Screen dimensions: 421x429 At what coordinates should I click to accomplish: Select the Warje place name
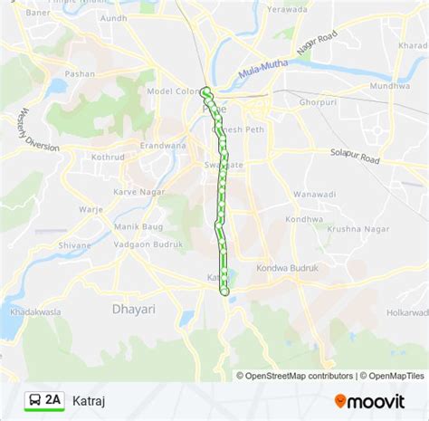coord(91,208)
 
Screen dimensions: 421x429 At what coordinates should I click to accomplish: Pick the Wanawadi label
coord(315,193)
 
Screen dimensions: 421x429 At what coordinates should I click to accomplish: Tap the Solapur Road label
coord(355,156)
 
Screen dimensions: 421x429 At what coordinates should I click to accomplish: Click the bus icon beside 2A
coord(33,399)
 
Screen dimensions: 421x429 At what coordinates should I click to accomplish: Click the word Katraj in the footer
coord(89,399)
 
